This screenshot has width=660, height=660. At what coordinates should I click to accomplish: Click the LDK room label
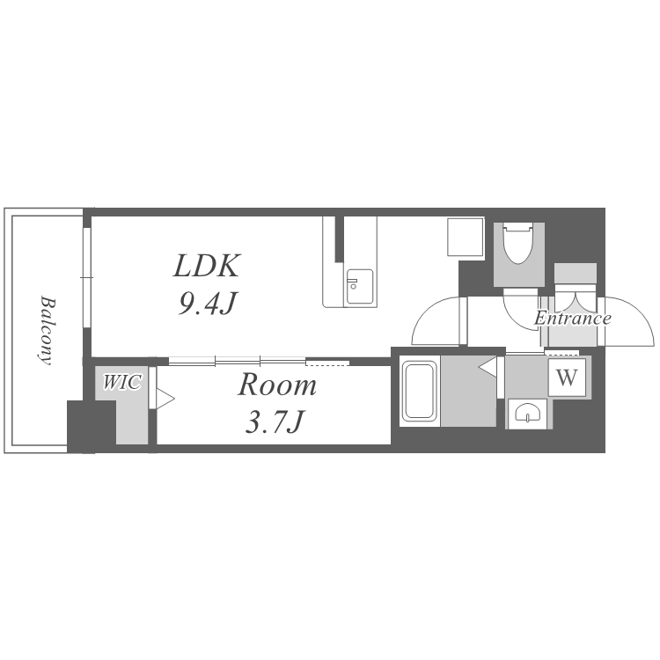(207, 265)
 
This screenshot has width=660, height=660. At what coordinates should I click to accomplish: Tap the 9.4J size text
(207, 303)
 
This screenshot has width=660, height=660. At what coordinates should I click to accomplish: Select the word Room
(277, 385)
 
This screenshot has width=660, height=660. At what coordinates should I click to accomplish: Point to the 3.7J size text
(274, 422)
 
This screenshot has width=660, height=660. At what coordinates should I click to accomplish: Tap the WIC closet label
(121, 382)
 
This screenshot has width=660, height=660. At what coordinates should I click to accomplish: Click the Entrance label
(573, 318)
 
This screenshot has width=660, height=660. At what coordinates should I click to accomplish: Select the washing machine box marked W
(567, 378)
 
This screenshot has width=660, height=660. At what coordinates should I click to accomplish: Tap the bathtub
(419, 392)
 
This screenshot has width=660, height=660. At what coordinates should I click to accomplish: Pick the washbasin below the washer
(527, 414)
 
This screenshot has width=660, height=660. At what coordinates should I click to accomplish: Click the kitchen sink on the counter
(359, 286)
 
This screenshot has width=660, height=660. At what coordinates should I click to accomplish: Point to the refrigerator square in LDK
(466, 237)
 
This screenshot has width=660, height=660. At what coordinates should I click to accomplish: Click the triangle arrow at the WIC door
(165, 398)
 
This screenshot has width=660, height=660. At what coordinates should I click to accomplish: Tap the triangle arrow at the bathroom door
(488, 367)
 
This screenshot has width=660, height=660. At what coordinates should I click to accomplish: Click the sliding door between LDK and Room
(259, 361)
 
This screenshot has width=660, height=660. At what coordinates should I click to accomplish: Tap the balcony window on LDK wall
(87, 277)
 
